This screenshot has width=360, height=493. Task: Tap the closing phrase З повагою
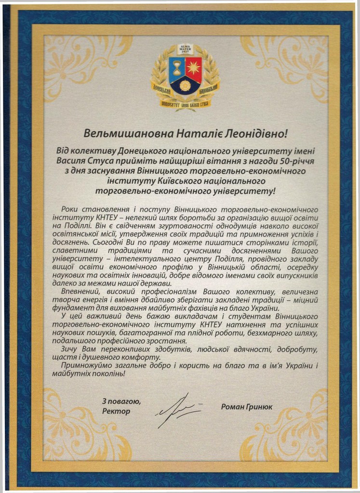pos(121,402)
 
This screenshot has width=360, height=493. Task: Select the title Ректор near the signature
pos(116,412)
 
